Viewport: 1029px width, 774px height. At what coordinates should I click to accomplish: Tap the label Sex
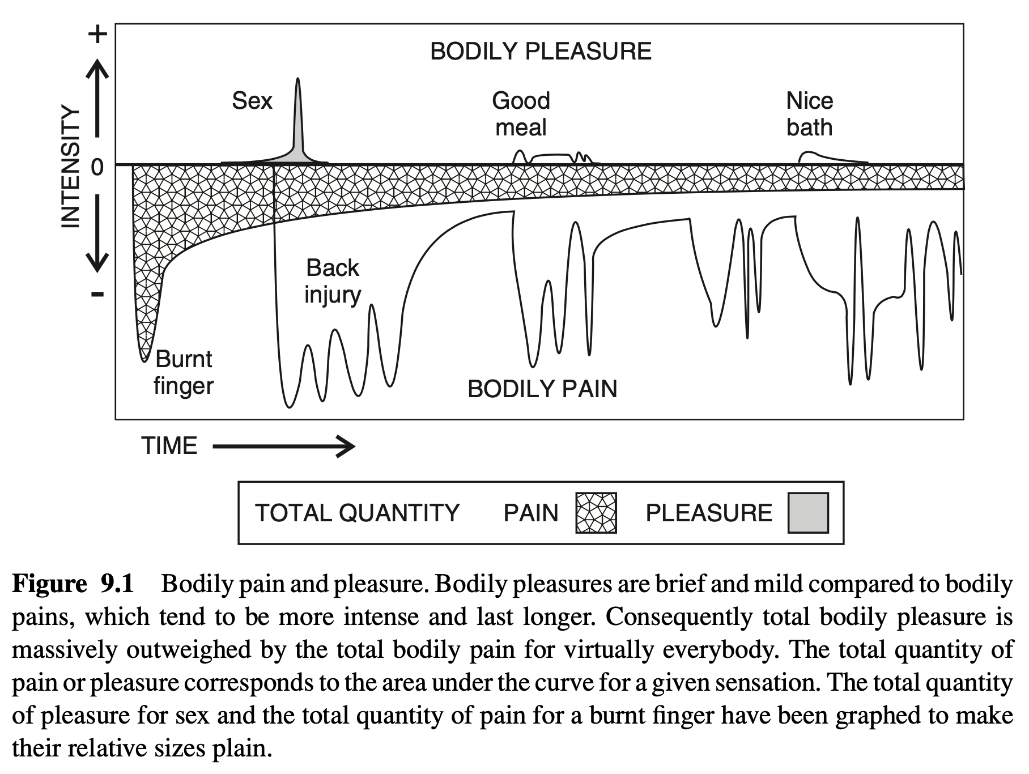[252, 101]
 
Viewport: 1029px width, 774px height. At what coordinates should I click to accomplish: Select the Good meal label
[521, 114]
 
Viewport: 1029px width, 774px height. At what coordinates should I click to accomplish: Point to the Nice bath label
[809, 114]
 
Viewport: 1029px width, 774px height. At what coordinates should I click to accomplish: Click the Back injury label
[333, 282]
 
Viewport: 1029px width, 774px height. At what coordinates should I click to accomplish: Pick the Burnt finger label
[184, 372]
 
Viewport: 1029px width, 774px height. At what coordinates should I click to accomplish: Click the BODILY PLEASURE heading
[541, 52]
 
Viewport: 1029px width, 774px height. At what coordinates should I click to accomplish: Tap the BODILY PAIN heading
[542, 389]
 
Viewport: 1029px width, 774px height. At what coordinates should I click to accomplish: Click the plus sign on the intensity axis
[97, 34]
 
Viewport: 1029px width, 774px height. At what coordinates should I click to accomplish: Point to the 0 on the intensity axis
[97, 167]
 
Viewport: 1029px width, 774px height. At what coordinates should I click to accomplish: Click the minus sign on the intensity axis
[97, 294]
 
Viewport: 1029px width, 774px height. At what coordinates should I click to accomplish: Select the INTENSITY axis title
[70, 167]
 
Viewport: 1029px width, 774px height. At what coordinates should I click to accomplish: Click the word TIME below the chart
[169, 446]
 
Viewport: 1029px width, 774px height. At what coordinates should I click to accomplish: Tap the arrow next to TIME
[284, 446]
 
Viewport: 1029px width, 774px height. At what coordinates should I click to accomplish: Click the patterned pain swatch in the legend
[596, 513]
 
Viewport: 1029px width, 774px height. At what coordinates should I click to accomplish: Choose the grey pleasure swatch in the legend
[808, 513]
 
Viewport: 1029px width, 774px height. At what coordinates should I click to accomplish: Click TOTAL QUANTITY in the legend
[357, 513]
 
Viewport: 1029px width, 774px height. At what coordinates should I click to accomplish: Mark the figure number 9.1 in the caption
[117, 584]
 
